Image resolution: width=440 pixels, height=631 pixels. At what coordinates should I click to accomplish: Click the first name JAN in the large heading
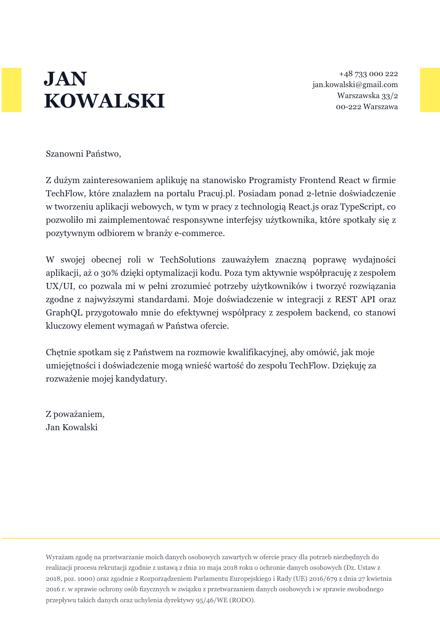(x=65, y=79)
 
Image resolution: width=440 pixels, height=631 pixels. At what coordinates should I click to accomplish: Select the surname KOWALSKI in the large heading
(x=104, y=101)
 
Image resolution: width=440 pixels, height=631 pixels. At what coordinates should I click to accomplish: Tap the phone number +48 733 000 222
(x=368, y=74)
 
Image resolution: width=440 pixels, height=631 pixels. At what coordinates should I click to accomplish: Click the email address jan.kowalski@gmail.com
(x=355, y=85)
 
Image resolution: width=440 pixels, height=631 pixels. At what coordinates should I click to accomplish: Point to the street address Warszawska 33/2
(x=368, y=96)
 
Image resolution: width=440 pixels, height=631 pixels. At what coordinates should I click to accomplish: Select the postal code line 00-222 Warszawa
(x=367, y=107)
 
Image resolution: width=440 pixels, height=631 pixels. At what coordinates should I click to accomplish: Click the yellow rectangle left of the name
(x=12, y=90)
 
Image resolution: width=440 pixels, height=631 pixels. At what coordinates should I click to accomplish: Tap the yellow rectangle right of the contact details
(x=430, y=90)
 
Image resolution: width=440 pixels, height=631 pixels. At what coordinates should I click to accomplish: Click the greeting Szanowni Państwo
(x=83, y=154)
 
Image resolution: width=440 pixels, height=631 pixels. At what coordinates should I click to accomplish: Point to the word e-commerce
(x=203, y=233)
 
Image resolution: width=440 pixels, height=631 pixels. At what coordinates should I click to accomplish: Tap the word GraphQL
(x=65, y=313)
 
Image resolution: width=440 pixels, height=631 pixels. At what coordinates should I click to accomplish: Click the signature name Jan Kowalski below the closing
(x=72, y=427)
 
